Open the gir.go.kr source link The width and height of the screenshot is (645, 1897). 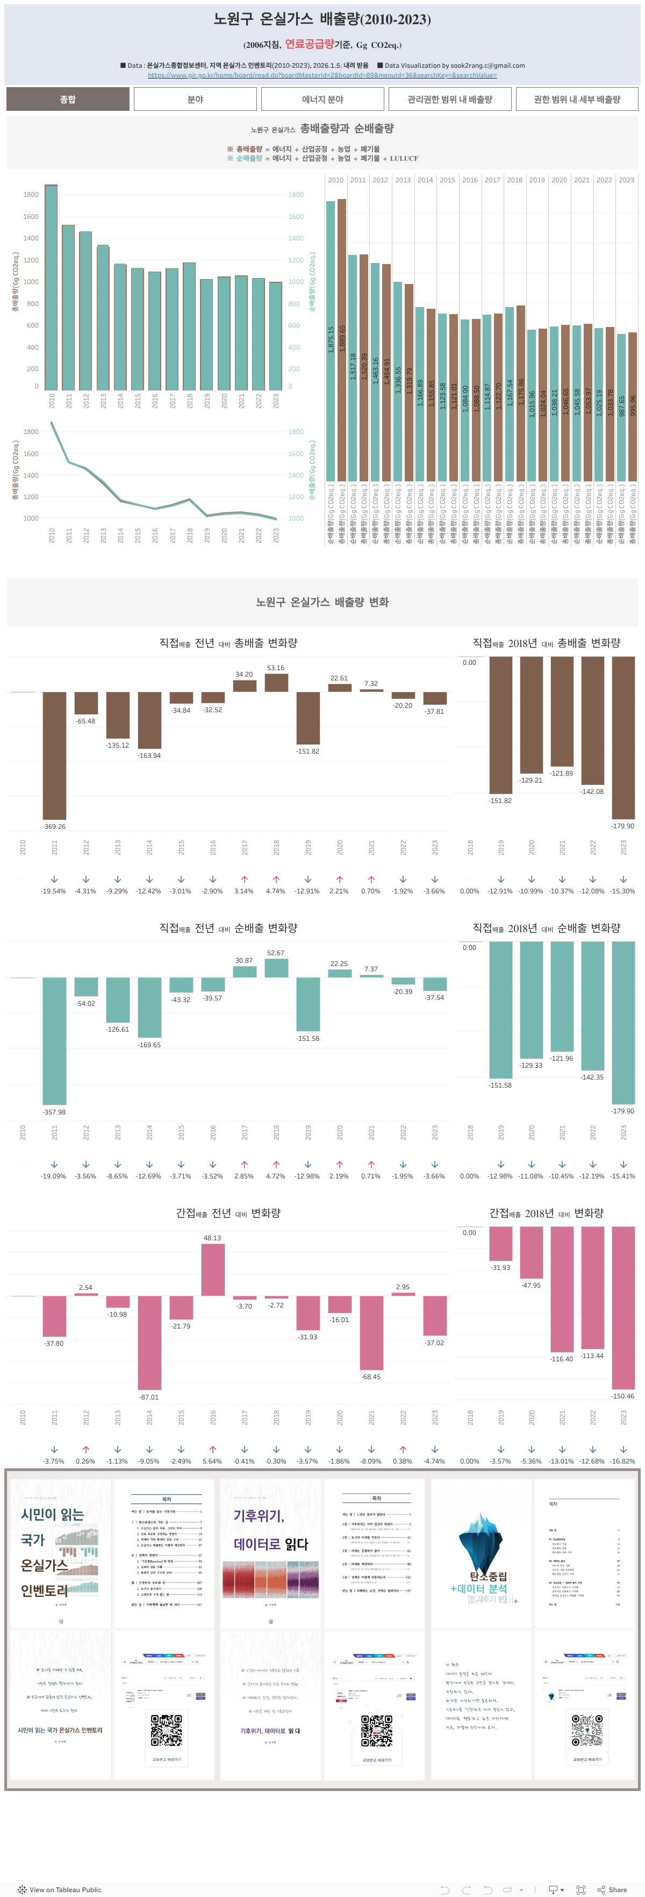(x=322, y=75)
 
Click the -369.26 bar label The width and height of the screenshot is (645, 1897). (x=54, y=826)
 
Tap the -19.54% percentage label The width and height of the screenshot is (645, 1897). (x=53, y=891)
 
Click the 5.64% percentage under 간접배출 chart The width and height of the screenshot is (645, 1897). (x=212, y=1461)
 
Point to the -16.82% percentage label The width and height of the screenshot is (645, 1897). (x=622, y=1461)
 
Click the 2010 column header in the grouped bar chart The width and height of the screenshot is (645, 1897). (x=336, y=180)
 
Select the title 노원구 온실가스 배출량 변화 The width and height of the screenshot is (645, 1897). (x=322, y=602)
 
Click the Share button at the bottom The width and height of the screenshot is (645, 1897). (x=613, y=1889)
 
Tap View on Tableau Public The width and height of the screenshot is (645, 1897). (x=60, y=1889)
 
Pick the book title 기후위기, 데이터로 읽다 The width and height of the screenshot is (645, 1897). (x=270, y=1529)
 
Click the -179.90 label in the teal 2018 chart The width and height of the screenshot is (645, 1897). (x=622, y=1111)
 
